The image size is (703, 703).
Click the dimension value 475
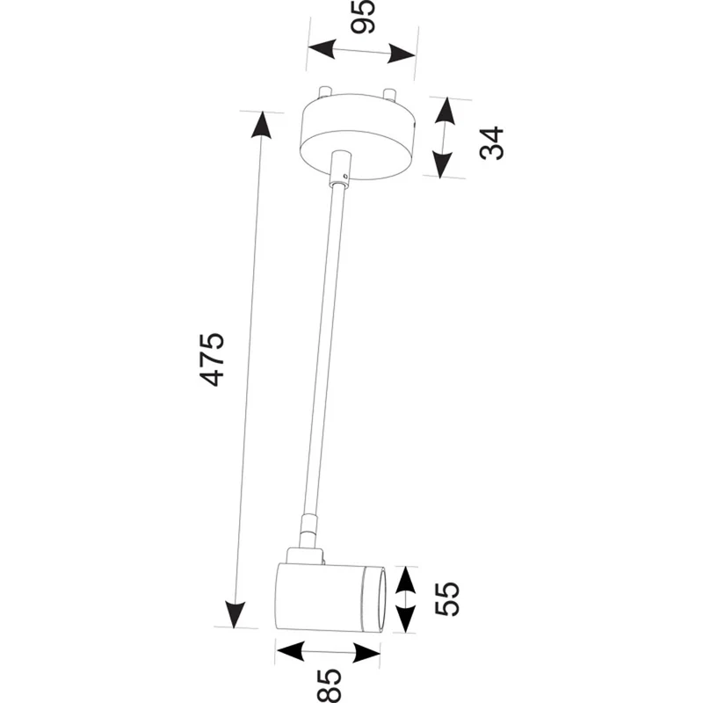211,359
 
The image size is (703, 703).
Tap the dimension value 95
362,17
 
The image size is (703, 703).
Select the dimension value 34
491,143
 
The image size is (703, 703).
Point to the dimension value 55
446,599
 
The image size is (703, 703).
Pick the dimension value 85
330,686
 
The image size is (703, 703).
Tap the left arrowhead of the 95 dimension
322,48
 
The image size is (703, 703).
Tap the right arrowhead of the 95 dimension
402,54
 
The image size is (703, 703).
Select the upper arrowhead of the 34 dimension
446,111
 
